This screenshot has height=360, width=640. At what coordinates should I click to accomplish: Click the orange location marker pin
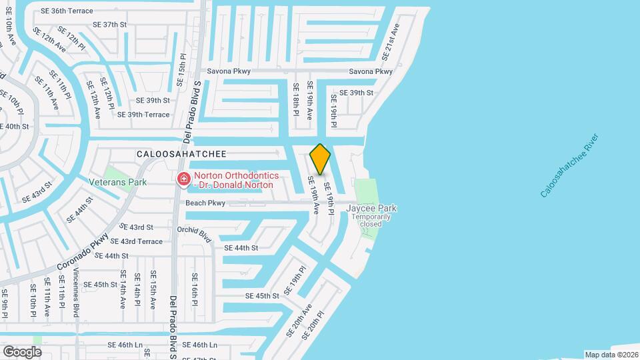[x=321, y=159]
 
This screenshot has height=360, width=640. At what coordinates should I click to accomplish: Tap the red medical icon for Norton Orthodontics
[x=183, y=179]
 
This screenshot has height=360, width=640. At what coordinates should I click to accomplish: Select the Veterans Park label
[x=118, y=182]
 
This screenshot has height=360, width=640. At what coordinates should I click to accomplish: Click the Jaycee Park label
[x=371, y=208]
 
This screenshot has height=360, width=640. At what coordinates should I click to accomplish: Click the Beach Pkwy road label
[x=205, y=203]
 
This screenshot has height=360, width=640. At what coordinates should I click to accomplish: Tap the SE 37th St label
[x=109, y=25]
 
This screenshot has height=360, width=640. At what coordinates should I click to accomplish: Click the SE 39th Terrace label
[x=143, y=115]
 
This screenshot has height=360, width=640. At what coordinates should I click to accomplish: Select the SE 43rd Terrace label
[x=136, y=241]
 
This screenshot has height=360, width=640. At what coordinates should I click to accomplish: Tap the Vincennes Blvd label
[x=77, y=292]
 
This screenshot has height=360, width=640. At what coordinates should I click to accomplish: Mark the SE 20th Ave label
[x=299, y=320]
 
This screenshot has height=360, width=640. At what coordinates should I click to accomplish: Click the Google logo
[x=22, y=351]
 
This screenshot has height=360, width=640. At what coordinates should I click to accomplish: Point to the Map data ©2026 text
[x=611, y=355]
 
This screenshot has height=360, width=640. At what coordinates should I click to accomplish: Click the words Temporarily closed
[x=371, y=221]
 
